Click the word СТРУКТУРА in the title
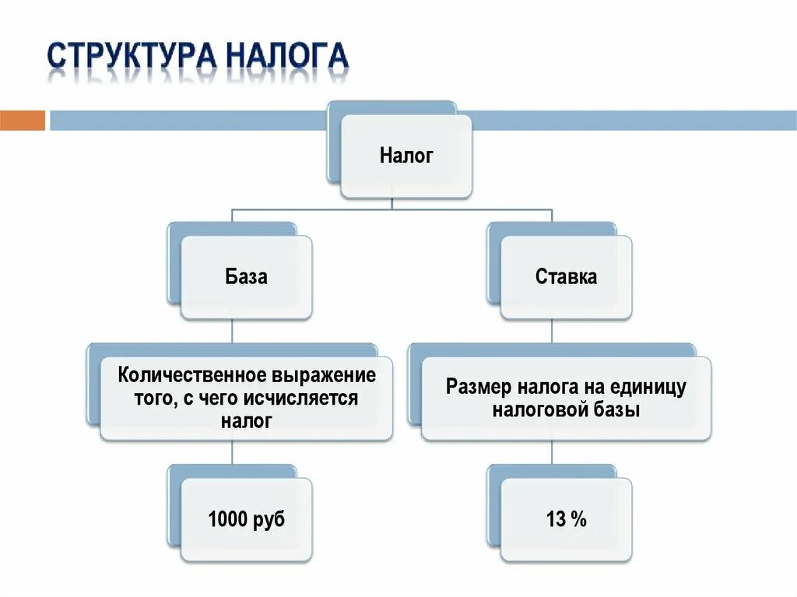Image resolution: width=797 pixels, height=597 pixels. pos(132,58)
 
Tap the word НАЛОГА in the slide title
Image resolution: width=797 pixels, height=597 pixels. pos(288,58)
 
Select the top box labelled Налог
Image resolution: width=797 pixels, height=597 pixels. pos(406,156)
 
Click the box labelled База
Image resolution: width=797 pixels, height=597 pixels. pos(246,276)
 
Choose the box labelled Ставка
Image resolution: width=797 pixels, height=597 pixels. pos(566,276)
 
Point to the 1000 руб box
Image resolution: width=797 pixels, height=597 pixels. pos(246,520)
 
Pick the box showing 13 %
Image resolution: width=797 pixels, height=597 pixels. pos(566,520)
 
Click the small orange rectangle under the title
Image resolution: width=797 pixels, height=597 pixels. pos(23,121)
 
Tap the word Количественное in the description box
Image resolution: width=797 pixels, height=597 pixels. pos(191,375)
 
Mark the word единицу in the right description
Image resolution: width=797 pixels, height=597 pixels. pos(650,387)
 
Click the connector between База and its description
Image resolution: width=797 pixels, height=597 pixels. pos(233,332)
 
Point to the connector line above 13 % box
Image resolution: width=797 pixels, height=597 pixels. pos(553,453)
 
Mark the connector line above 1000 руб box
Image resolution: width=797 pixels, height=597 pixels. pos(233,453)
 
